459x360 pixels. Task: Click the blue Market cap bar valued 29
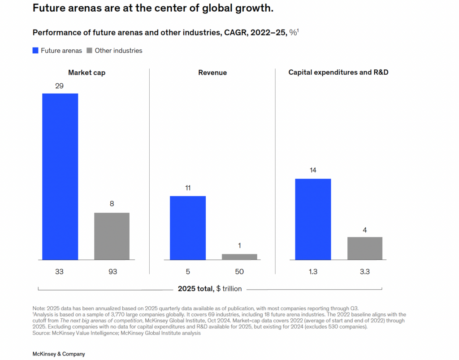60,176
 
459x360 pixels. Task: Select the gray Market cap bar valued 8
112,236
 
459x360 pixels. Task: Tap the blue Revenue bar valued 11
188,228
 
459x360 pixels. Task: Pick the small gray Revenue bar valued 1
239,257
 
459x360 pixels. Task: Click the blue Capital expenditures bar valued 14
313,219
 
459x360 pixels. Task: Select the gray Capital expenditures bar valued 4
365,248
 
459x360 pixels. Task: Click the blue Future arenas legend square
35,51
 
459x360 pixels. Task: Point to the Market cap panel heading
87,73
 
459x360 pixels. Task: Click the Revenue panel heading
212,73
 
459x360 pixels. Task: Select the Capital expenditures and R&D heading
338,73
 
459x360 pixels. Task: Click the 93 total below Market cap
112,272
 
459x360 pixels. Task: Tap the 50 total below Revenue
239,272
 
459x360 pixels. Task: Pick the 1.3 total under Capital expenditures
313,272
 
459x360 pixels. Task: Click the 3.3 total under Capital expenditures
365,272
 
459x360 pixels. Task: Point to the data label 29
60,86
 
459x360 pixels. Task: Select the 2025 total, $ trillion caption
210,289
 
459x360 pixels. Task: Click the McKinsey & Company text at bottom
59,354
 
